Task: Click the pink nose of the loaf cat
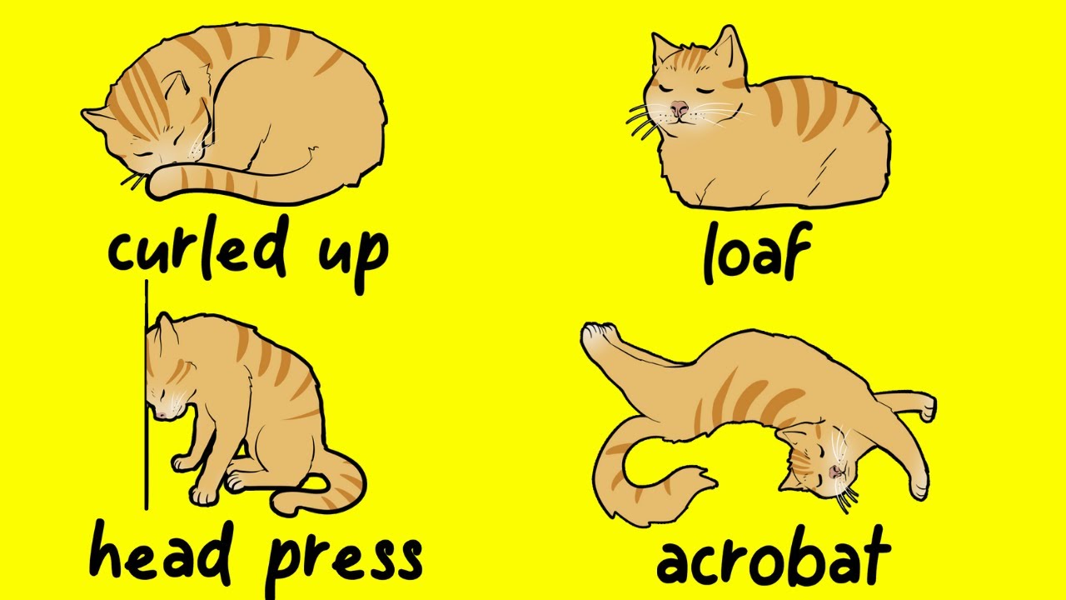680,108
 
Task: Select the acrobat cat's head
820,467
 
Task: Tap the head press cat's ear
163,326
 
